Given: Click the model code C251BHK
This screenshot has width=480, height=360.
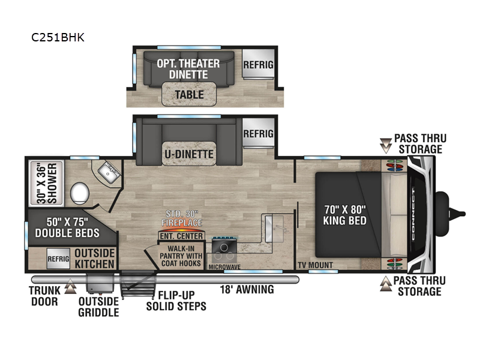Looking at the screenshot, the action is (x=58, y=37).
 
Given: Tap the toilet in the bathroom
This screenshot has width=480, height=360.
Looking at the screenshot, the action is (x=80, y=193).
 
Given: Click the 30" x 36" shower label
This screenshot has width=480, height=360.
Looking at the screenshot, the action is (x=47, y=183).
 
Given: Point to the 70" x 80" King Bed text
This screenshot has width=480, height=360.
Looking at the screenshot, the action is (x=344, y=215).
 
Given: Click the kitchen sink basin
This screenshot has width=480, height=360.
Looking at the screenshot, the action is (x=274, y=229).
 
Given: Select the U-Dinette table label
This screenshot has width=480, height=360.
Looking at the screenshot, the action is (x=189, y=154).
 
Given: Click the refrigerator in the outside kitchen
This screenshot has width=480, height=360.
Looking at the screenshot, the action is (x=58, y=259).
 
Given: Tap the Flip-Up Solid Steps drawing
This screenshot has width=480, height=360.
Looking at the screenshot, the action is (x=138, y=284).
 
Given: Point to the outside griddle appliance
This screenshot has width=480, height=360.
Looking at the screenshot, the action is (x=100, y=283).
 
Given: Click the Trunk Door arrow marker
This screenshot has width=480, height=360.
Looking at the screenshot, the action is (x=70, y=286).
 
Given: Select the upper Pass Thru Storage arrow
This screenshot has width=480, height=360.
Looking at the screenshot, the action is (x=386, y=146).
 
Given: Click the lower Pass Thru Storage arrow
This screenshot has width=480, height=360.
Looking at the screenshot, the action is (x=386, y=283).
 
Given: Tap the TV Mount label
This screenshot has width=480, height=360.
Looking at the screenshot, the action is (x=316, y=265).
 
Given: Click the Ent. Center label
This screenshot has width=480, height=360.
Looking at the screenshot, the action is (x=181, y=236).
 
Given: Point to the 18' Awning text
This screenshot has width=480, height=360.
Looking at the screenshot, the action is (x=247, y=289).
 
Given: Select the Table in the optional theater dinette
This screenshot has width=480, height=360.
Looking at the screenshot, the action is (x=189, y=95).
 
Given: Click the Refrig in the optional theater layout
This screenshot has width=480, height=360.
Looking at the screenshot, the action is (x=259, y=65).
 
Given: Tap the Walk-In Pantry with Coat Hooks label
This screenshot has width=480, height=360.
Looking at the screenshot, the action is (x=181, y=256).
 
